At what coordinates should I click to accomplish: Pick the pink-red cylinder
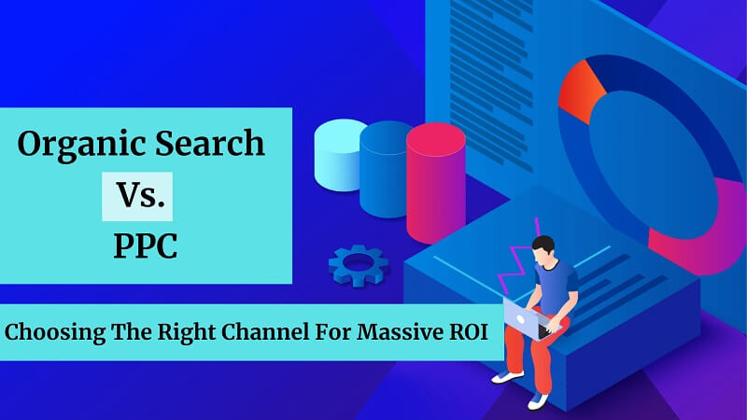pos(435,182)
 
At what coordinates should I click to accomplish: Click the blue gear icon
pos(358,265)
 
